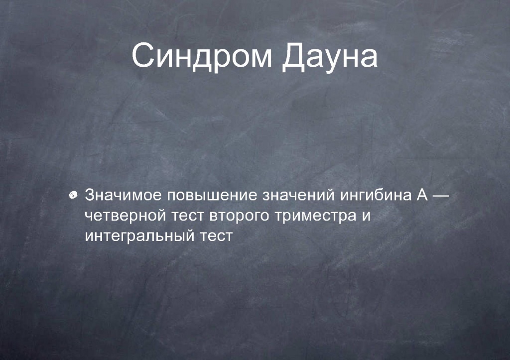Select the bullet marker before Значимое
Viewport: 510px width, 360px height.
(73, 195)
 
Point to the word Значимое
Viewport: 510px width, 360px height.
(123, 195)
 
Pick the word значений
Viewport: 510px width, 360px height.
(298, 195)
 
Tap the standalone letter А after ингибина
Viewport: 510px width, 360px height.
(422, 195)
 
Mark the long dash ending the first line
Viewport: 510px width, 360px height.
(442, 196)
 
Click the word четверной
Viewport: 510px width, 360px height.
(125, 216)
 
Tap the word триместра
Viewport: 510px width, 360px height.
(315, 217)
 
